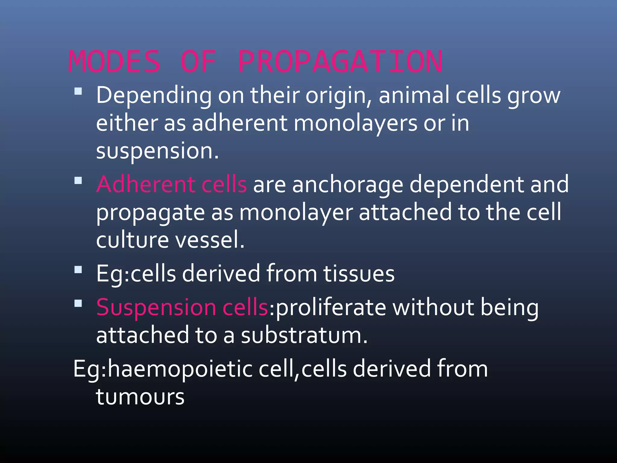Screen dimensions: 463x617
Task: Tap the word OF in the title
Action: tap(198, 62)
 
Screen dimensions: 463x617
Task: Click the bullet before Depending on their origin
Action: tap(78, 91)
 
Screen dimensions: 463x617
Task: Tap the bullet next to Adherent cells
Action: tap(78, 181)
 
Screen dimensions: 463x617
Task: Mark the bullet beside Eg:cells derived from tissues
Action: tap(78, 269)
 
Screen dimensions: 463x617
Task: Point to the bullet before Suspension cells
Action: tap(78, 303)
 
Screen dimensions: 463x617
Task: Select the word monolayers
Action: tap(355, 124)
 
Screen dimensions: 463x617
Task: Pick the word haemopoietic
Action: tap(180, 369)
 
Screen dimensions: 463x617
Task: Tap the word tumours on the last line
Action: tap(140, 397)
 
